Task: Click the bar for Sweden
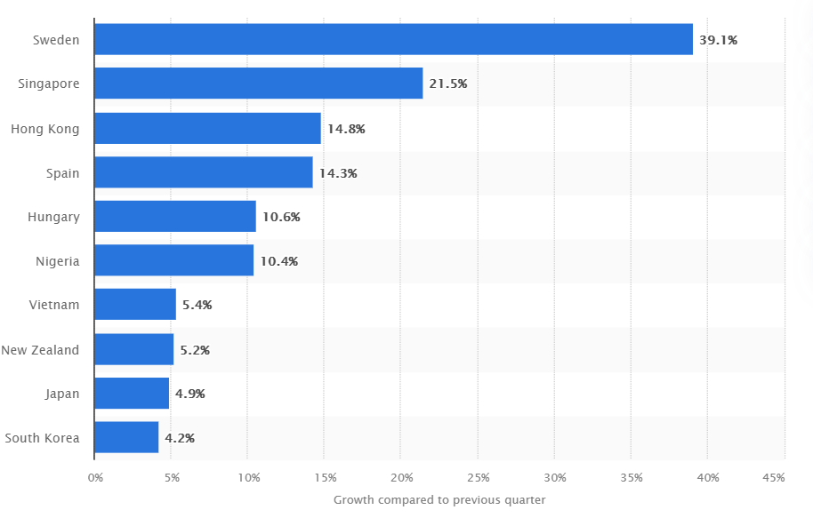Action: (x=393, y=39)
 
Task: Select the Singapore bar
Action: (x=258, y=84)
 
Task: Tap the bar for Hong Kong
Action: (x=207, y=128)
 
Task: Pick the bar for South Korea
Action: (x=126, y=437)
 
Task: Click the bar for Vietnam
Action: (x=135, y=305)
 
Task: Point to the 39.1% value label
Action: (x=719, y=40)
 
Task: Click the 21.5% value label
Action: (x=447, y=84)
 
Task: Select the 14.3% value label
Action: (x=338, y=173)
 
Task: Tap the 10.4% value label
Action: (x=278, y=261)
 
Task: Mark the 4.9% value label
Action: (x=190, y=394)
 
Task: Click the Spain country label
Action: (x=62, y=172)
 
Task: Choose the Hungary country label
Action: (x=53, y=217)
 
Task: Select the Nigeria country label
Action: (x=57, y=261)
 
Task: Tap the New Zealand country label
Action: (x=40, y=349)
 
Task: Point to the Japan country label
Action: (x=62, y=394)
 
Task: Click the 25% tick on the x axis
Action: (x=478, y=478)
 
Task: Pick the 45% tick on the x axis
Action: (x=774, y=478)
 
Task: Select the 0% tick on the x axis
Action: (x=95, y=478)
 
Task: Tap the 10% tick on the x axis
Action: (x=248, y=478)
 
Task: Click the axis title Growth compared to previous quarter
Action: (x=439, y=500)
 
